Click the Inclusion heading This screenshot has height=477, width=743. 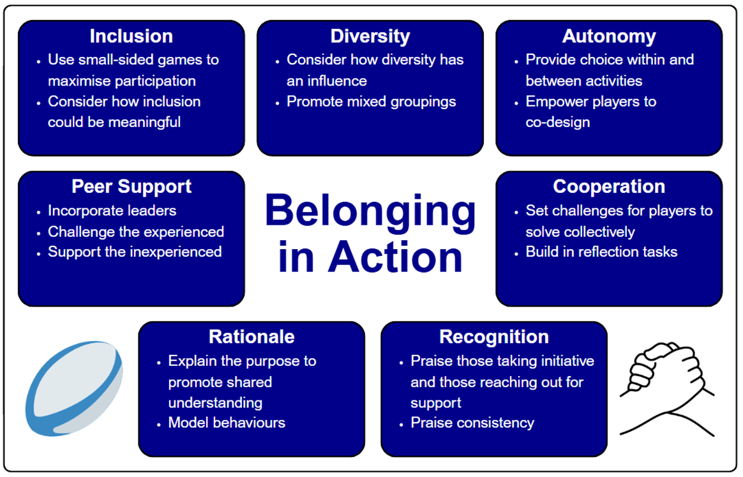[131, 36]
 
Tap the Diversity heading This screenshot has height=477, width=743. [370, 36]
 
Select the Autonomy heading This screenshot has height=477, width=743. [609, 36]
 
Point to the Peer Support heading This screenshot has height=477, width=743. [131, 186]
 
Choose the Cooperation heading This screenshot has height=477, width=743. [609, 186]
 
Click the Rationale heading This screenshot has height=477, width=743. [251, 337]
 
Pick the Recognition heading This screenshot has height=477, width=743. [494, 337]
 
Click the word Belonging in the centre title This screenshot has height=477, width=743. [370, 212]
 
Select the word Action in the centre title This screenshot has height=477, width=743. [396, 257]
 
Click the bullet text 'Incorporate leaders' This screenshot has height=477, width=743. [112, 211]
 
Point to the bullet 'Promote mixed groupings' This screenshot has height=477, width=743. [371, 102]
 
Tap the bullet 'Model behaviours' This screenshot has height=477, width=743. [227, 423]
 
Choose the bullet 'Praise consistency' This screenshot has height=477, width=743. [472, 423]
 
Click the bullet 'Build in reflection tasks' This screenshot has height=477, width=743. [601, 252]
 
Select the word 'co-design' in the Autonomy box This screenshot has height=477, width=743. [557, 122]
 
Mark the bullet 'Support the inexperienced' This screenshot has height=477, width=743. [135, 252]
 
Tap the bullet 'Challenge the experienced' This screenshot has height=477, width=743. [136, 231]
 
